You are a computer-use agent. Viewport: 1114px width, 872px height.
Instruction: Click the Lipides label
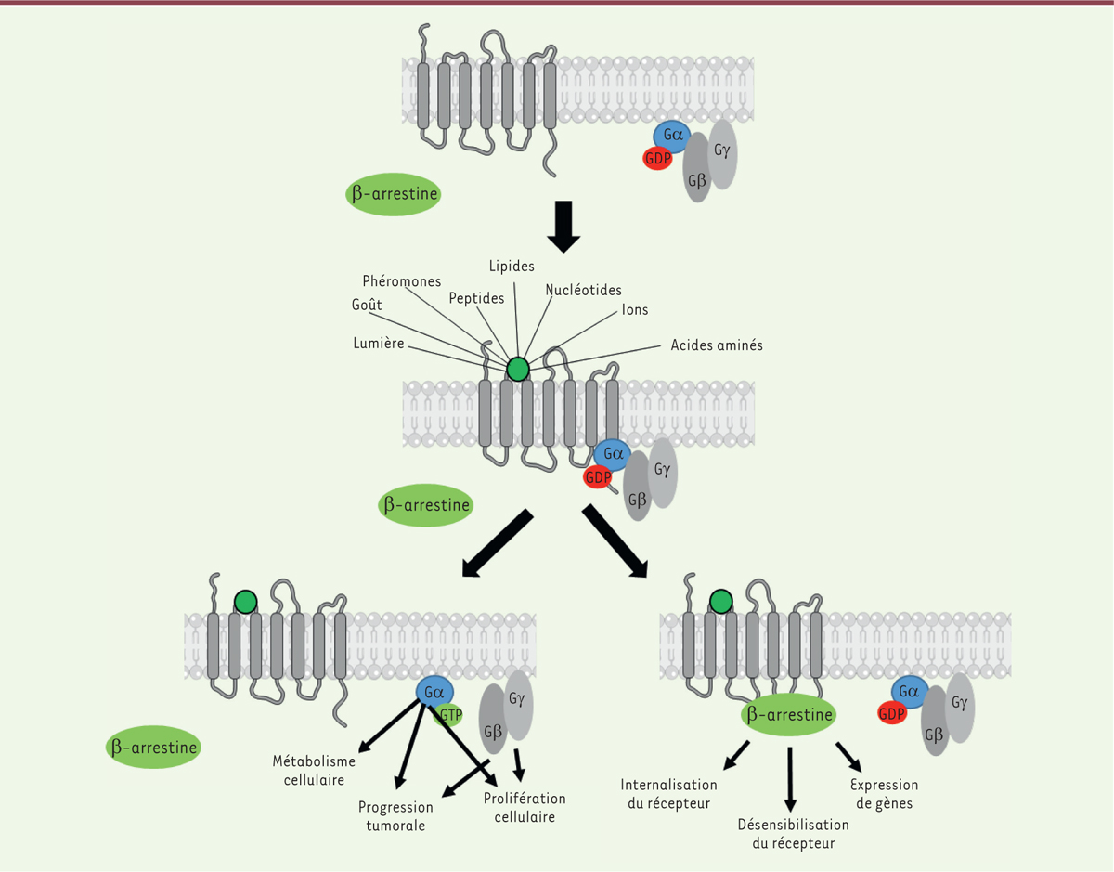point(512,267)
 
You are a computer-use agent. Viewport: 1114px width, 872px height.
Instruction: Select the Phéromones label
point(401,281)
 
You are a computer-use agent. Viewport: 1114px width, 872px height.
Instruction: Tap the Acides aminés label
point(717,345)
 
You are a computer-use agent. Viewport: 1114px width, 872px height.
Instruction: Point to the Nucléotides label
point(584,291)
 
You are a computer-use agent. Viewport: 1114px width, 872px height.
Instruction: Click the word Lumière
point(379,343)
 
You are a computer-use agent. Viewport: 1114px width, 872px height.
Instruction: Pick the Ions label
point(635,310)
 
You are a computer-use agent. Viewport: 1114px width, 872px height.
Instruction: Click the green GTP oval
point(450,715)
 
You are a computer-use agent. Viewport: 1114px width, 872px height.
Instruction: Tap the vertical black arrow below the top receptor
point(563,227)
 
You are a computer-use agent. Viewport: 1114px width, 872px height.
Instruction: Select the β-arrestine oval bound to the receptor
point(788,715)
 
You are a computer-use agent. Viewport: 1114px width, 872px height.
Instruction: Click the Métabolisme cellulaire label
point(314,771)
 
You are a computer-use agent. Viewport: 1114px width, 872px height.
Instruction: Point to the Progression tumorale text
point(395,816)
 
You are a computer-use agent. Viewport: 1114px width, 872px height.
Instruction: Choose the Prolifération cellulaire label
point(525,808)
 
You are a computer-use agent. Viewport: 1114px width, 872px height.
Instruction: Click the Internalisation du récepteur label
point(668,794)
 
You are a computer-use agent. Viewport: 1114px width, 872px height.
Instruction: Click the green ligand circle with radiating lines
point(517,370)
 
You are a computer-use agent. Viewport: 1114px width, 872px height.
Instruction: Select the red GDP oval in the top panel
point(657,159)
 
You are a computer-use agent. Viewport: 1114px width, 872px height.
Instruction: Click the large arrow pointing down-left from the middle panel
point(498,544)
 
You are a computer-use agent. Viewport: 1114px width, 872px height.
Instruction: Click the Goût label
point(367,304)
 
